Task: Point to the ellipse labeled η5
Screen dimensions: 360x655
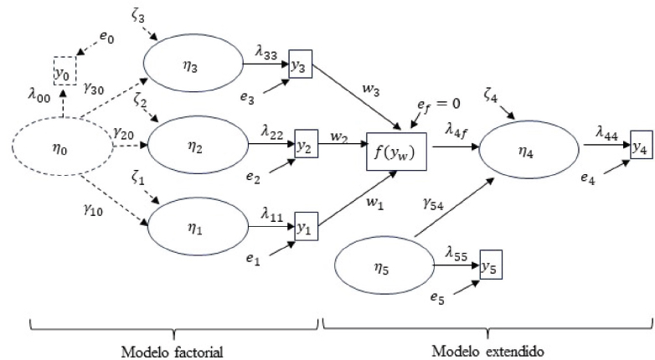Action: click(x=384, y=268)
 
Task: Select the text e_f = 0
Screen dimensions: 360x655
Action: click(x=440, y=103)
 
